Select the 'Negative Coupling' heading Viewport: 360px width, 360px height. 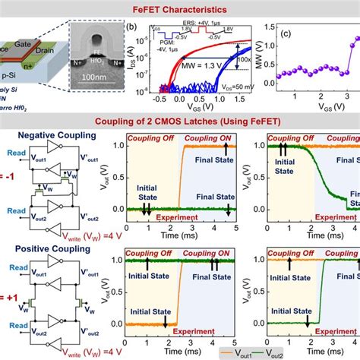49,134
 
